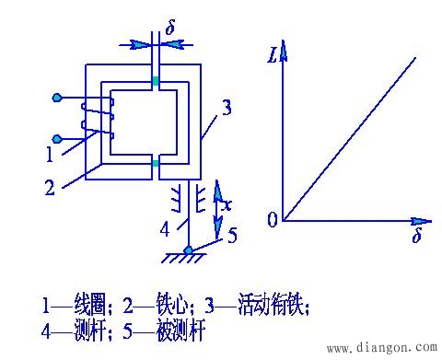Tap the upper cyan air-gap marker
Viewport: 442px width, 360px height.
(x=157, y=83)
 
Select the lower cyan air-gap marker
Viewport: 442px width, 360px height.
(x=157, y=165)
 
